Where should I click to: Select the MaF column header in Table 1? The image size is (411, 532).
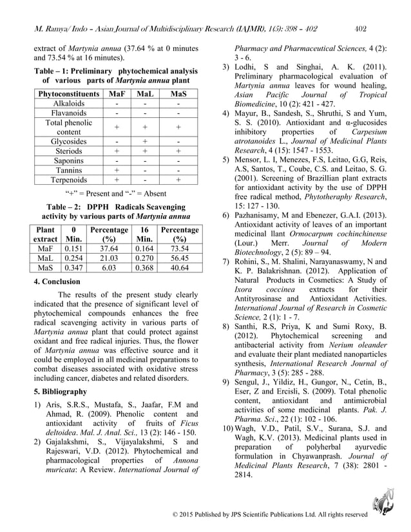pyautogui.click(x=117, y=93)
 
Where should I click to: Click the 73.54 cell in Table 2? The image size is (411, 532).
pyautogui.click(x=180, y=249)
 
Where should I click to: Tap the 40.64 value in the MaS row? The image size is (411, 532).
pyautogui.click(x=180, y=268)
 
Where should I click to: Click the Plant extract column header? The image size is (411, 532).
pyautogui.click(x=46, y=234)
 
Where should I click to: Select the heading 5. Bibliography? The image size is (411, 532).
pyautogui.click(x=59, y=391)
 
